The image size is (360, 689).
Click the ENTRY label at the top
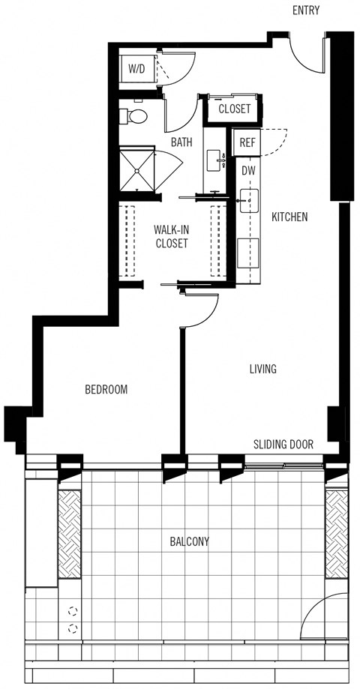point(307,10)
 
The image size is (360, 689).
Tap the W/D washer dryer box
point(137,69)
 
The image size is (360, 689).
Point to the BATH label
point(181,142)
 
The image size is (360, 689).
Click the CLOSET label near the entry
point(234,109)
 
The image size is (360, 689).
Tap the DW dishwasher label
point(249,171)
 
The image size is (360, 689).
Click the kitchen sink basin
point(249,199)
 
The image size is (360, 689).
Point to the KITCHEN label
point(289,217)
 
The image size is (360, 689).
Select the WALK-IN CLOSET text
point(171,236)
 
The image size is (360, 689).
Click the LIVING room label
point(263,369)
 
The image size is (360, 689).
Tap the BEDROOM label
point(106,389)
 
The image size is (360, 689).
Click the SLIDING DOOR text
point(283,444)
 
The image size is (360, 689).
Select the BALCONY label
point(189,541)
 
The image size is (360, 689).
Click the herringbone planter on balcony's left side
point(70,534)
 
